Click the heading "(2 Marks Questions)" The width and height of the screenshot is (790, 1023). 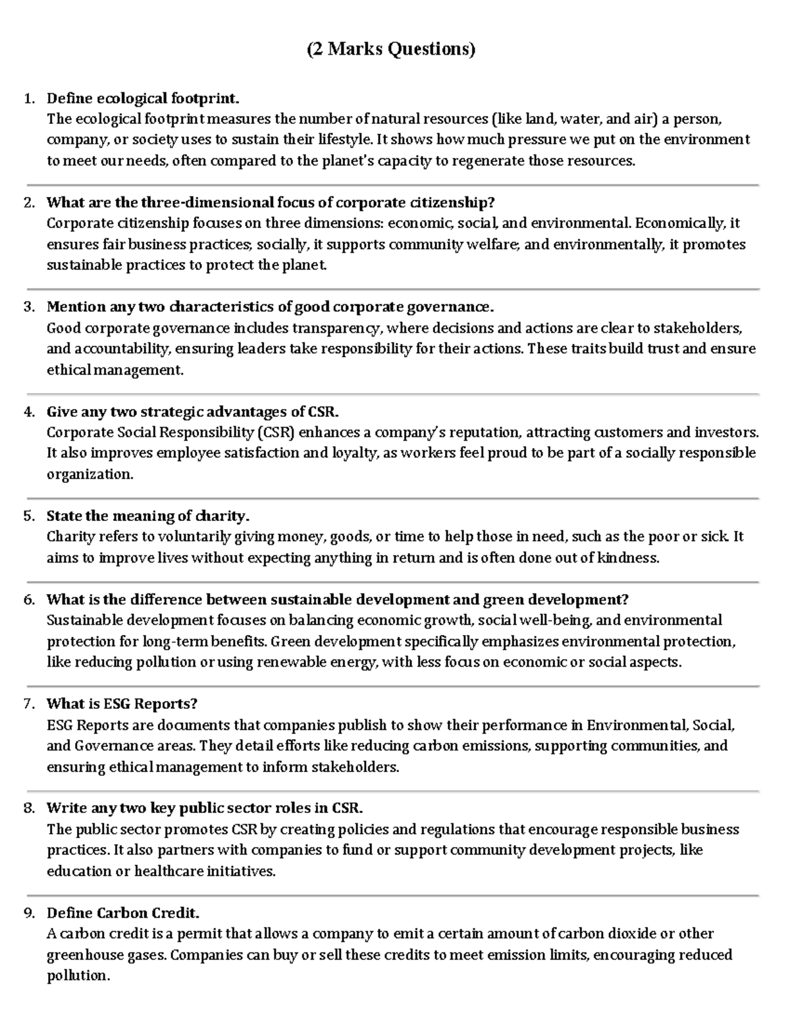(391, 49)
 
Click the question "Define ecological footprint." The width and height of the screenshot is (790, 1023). (143, 99)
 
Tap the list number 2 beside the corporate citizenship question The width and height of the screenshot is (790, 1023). (28, 203)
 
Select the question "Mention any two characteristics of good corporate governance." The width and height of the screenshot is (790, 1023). (270, 307)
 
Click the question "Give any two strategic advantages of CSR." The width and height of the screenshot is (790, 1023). (193, 412)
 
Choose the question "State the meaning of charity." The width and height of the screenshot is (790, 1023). (148, 516)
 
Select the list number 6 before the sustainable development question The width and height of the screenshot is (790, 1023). (28, 600)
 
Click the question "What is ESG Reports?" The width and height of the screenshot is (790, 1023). (122, 704)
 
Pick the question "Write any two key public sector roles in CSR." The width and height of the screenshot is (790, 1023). (205, 808)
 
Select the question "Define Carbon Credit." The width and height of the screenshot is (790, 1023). (123, 914)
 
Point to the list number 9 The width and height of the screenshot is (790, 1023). (28, 914)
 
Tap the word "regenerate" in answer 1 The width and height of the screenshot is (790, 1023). (488, 161)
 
